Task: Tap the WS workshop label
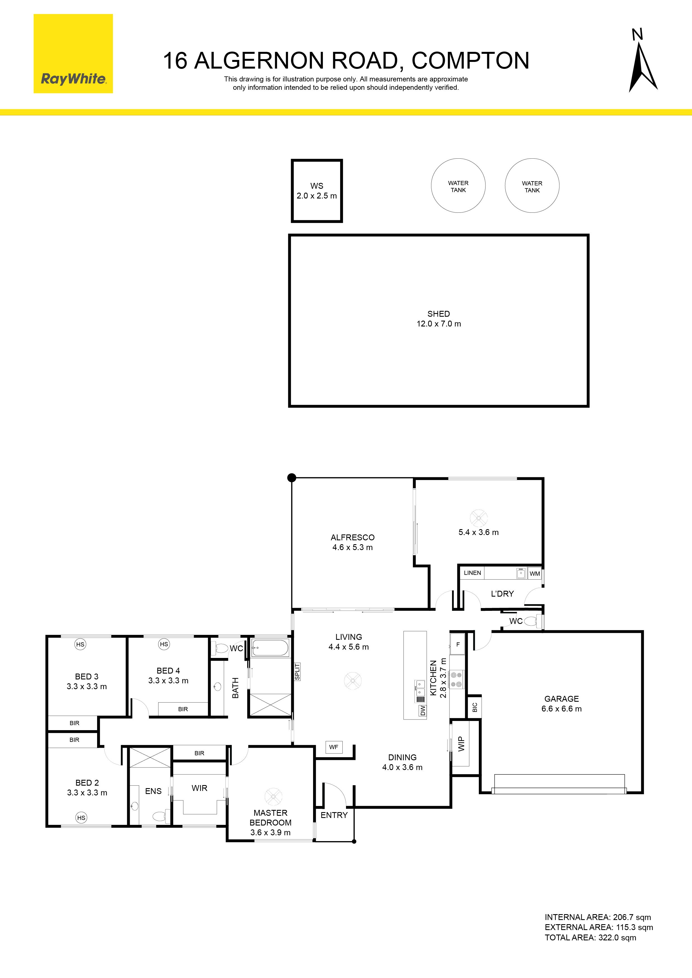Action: click(317, 191)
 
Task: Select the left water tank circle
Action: click(458, 185)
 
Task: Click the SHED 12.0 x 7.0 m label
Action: click(439, 319)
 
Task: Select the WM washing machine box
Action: click(535, 573)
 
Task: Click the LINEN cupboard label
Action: click(472, 573)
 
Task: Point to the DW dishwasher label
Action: click(422, 710)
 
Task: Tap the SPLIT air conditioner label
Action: click(297, 672)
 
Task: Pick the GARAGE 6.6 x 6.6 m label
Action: click(561, 704)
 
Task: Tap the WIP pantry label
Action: click(461, 744)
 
